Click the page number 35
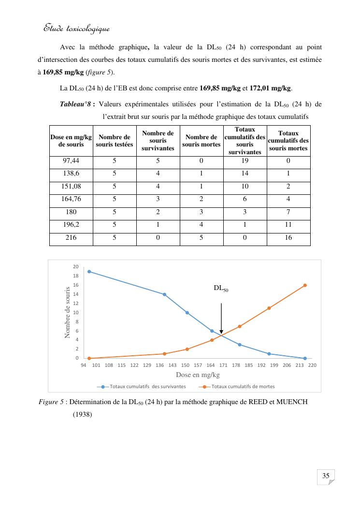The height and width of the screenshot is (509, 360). pyautogui.click(x=326, y=476)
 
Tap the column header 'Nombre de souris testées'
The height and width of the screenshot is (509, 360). pyautogui.click(x=114, y=141)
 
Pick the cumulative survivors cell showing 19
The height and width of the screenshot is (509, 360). pyautogui.click(x=245, y=161)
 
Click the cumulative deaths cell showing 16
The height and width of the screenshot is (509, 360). pyautogui.click(x=288, y=238)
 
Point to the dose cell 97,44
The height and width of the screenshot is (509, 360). pyautogui.click(x=71, y=161)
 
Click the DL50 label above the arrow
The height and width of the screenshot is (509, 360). pyautogui.click(x=221, y=289)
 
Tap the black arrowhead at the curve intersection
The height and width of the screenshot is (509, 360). pyautogui.click(x=221, y=332)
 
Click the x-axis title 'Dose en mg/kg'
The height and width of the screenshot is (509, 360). pyautogui.click(x=198, y=375)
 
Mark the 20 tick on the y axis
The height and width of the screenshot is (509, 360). pyautogui.click(x=75, y=267)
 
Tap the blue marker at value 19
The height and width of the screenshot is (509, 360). pyautogui.click(x=89, y=271)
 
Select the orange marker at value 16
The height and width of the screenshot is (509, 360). pyautogui.click(x=305, y=285)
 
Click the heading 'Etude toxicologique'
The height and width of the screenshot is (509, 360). pyautogui.click(x=76, y=29)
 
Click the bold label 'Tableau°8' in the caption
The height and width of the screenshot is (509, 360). pyautogui.click(x=75, y=104)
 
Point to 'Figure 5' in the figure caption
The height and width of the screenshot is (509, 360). pyautogui.click(x=52, y=402)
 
